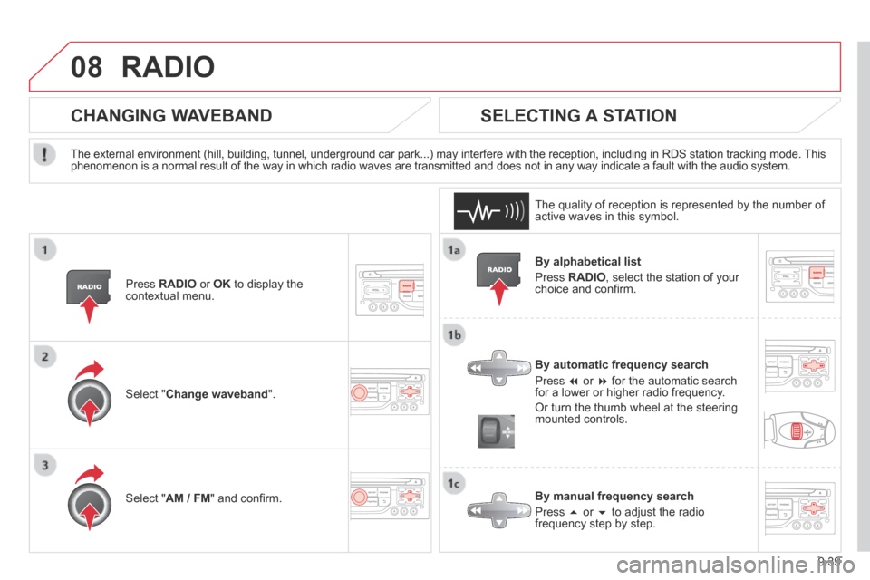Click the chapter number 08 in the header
[87, 67]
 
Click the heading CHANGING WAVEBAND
[171, 115]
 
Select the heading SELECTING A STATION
[579, 115]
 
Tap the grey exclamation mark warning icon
[44, 154]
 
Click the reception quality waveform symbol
[491, 211]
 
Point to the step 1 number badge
[45, 250]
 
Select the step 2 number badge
[45, 356]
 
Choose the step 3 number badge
[45, 465]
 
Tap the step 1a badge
[454, 250]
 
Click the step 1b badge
[454, 334]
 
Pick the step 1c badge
[454, 483]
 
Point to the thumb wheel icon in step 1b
[496, 431]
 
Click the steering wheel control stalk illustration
[799, 430]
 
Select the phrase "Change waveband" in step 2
[217, 394]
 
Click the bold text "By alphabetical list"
[587, 261]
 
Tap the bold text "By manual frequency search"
[614, 497]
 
